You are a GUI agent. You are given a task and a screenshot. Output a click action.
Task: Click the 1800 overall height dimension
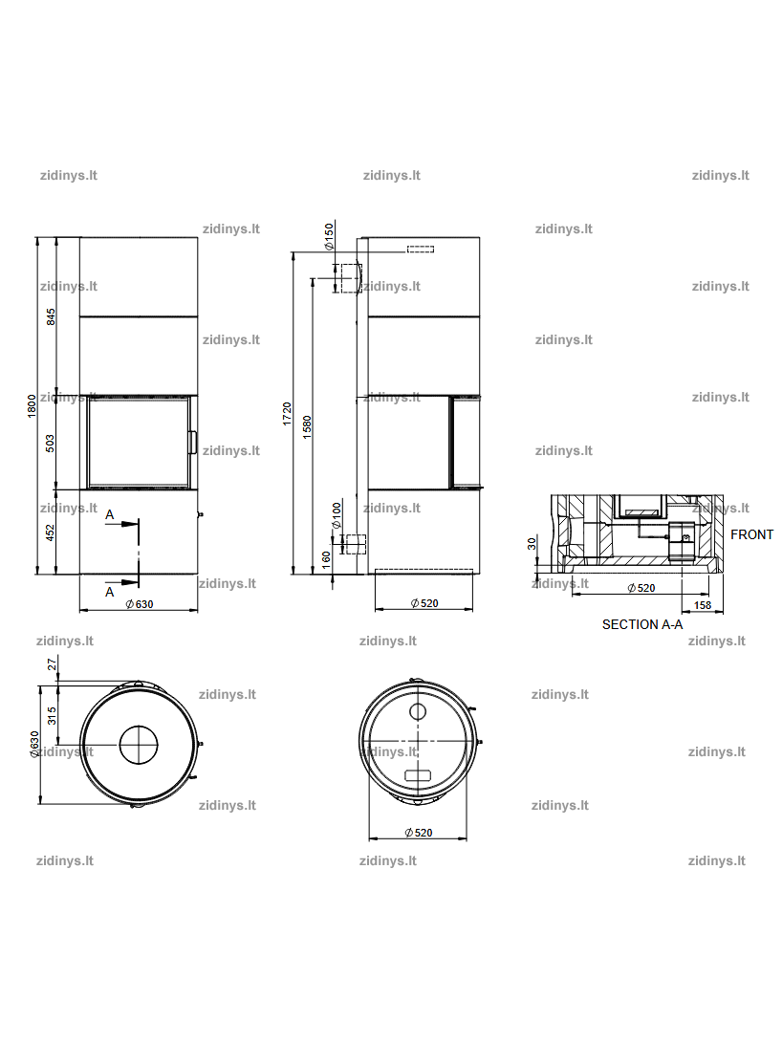tap(32, 405)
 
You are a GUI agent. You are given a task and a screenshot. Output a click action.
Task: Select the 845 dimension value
tap(52, 316)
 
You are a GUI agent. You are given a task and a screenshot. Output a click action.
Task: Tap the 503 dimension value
tap(51, 444)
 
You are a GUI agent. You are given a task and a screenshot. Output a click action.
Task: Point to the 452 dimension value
tap(51, 532)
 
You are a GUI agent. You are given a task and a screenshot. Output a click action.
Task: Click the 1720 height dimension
tap(287, 414)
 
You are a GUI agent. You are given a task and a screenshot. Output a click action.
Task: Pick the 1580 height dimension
tap(307, 426)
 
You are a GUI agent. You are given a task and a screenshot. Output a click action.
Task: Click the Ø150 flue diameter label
tap(329, 237)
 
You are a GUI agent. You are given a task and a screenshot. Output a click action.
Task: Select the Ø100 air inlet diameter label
tap(337, 515)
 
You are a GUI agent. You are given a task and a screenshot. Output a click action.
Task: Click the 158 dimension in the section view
tap(703, 605)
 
